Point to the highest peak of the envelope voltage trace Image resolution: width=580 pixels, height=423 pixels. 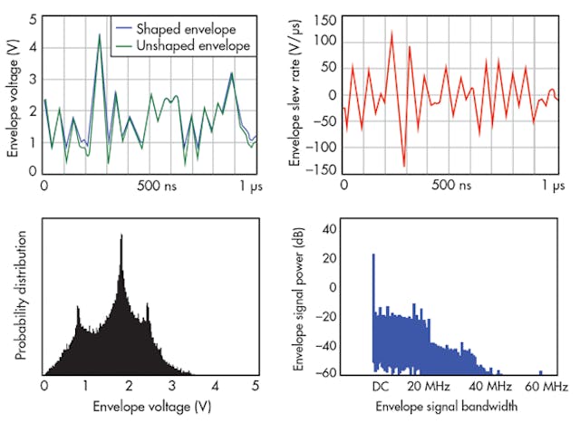tap(100, 35)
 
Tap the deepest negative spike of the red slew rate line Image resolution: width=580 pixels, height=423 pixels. tap(404, 166)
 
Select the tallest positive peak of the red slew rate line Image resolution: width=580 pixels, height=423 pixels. tap(391, 33)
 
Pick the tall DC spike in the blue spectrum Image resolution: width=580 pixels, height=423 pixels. tap(372, 255)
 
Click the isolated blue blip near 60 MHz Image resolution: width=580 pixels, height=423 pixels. tap(541, 371)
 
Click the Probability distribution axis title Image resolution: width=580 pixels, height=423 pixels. tap(19, 299)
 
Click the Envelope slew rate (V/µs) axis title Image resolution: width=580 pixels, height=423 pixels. tap(295, 93)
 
